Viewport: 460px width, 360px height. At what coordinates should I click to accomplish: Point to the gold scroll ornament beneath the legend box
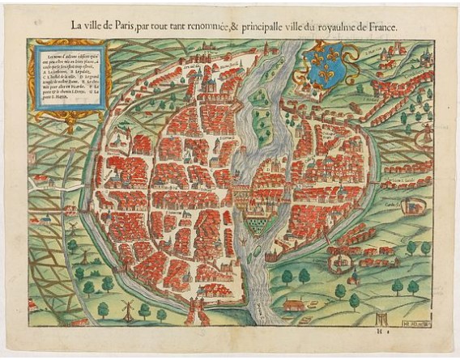tap(68, 122)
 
